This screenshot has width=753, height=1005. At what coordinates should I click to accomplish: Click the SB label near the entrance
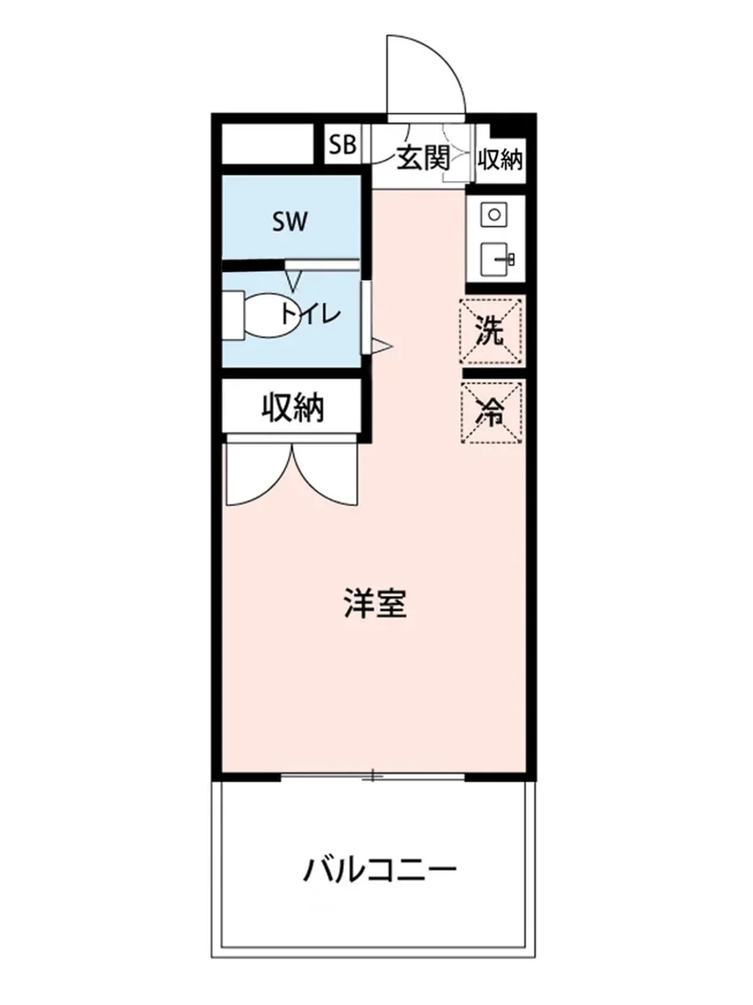tap(341, 145)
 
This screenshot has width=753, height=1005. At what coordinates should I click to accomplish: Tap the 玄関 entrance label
tap(423, 157)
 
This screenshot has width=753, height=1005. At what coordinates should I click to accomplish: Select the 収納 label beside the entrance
tap(499, 158)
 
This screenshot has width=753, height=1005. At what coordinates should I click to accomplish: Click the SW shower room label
tap(290, 222)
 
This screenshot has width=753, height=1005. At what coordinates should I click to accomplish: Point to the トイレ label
tap(310, 315)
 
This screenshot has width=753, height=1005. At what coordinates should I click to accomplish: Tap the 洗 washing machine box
tap(492, 332)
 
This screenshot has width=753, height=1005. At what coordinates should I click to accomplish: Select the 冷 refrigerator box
tap(492, 412)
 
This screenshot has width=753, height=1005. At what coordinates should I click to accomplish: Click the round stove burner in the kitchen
tap(494, 214)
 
